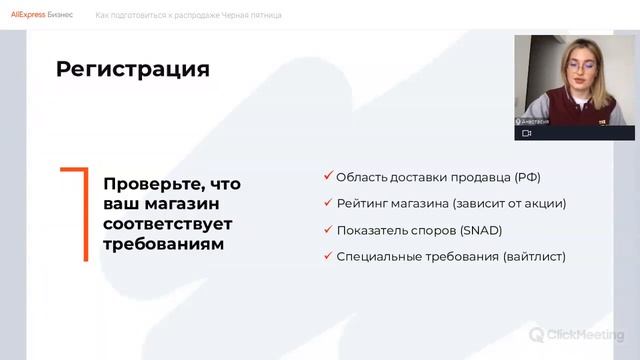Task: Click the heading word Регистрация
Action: point(133,69)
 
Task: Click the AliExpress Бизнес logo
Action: point(41,15)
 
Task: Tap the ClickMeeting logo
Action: point(577,335)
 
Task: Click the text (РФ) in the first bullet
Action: point(527,177)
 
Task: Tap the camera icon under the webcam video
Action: point(527,132)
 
